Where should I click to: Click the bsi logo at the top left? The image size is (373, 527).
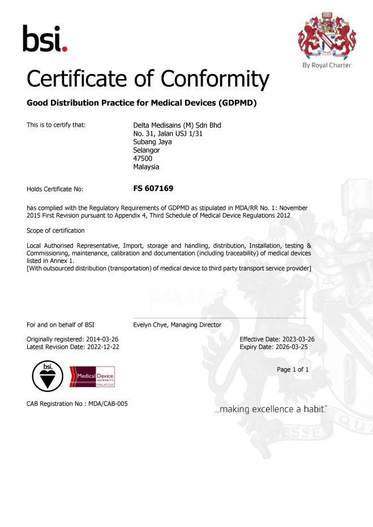(x=45, y=38)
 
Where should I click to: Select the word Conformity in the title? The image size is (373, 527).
(x=213, y=79)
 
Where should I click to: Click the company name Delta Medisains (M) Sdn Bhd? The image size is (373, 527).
(x=177, y=125)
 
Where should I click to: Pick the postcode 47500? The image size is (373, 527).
(x=143, y=159)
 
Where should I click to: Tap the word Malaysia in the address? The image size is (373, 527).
(x=146, y=167)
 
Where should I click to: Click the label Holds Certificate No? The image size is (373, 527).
(x=55, y=189)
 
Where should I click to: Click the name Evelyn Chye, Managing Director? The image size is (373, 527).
(x=177, y=325)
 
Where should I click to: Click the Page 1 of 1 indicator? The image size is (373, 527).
(x=293, y=369)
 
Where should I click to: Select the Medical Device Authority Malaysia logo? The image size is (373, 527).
(x=92, y=376)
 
